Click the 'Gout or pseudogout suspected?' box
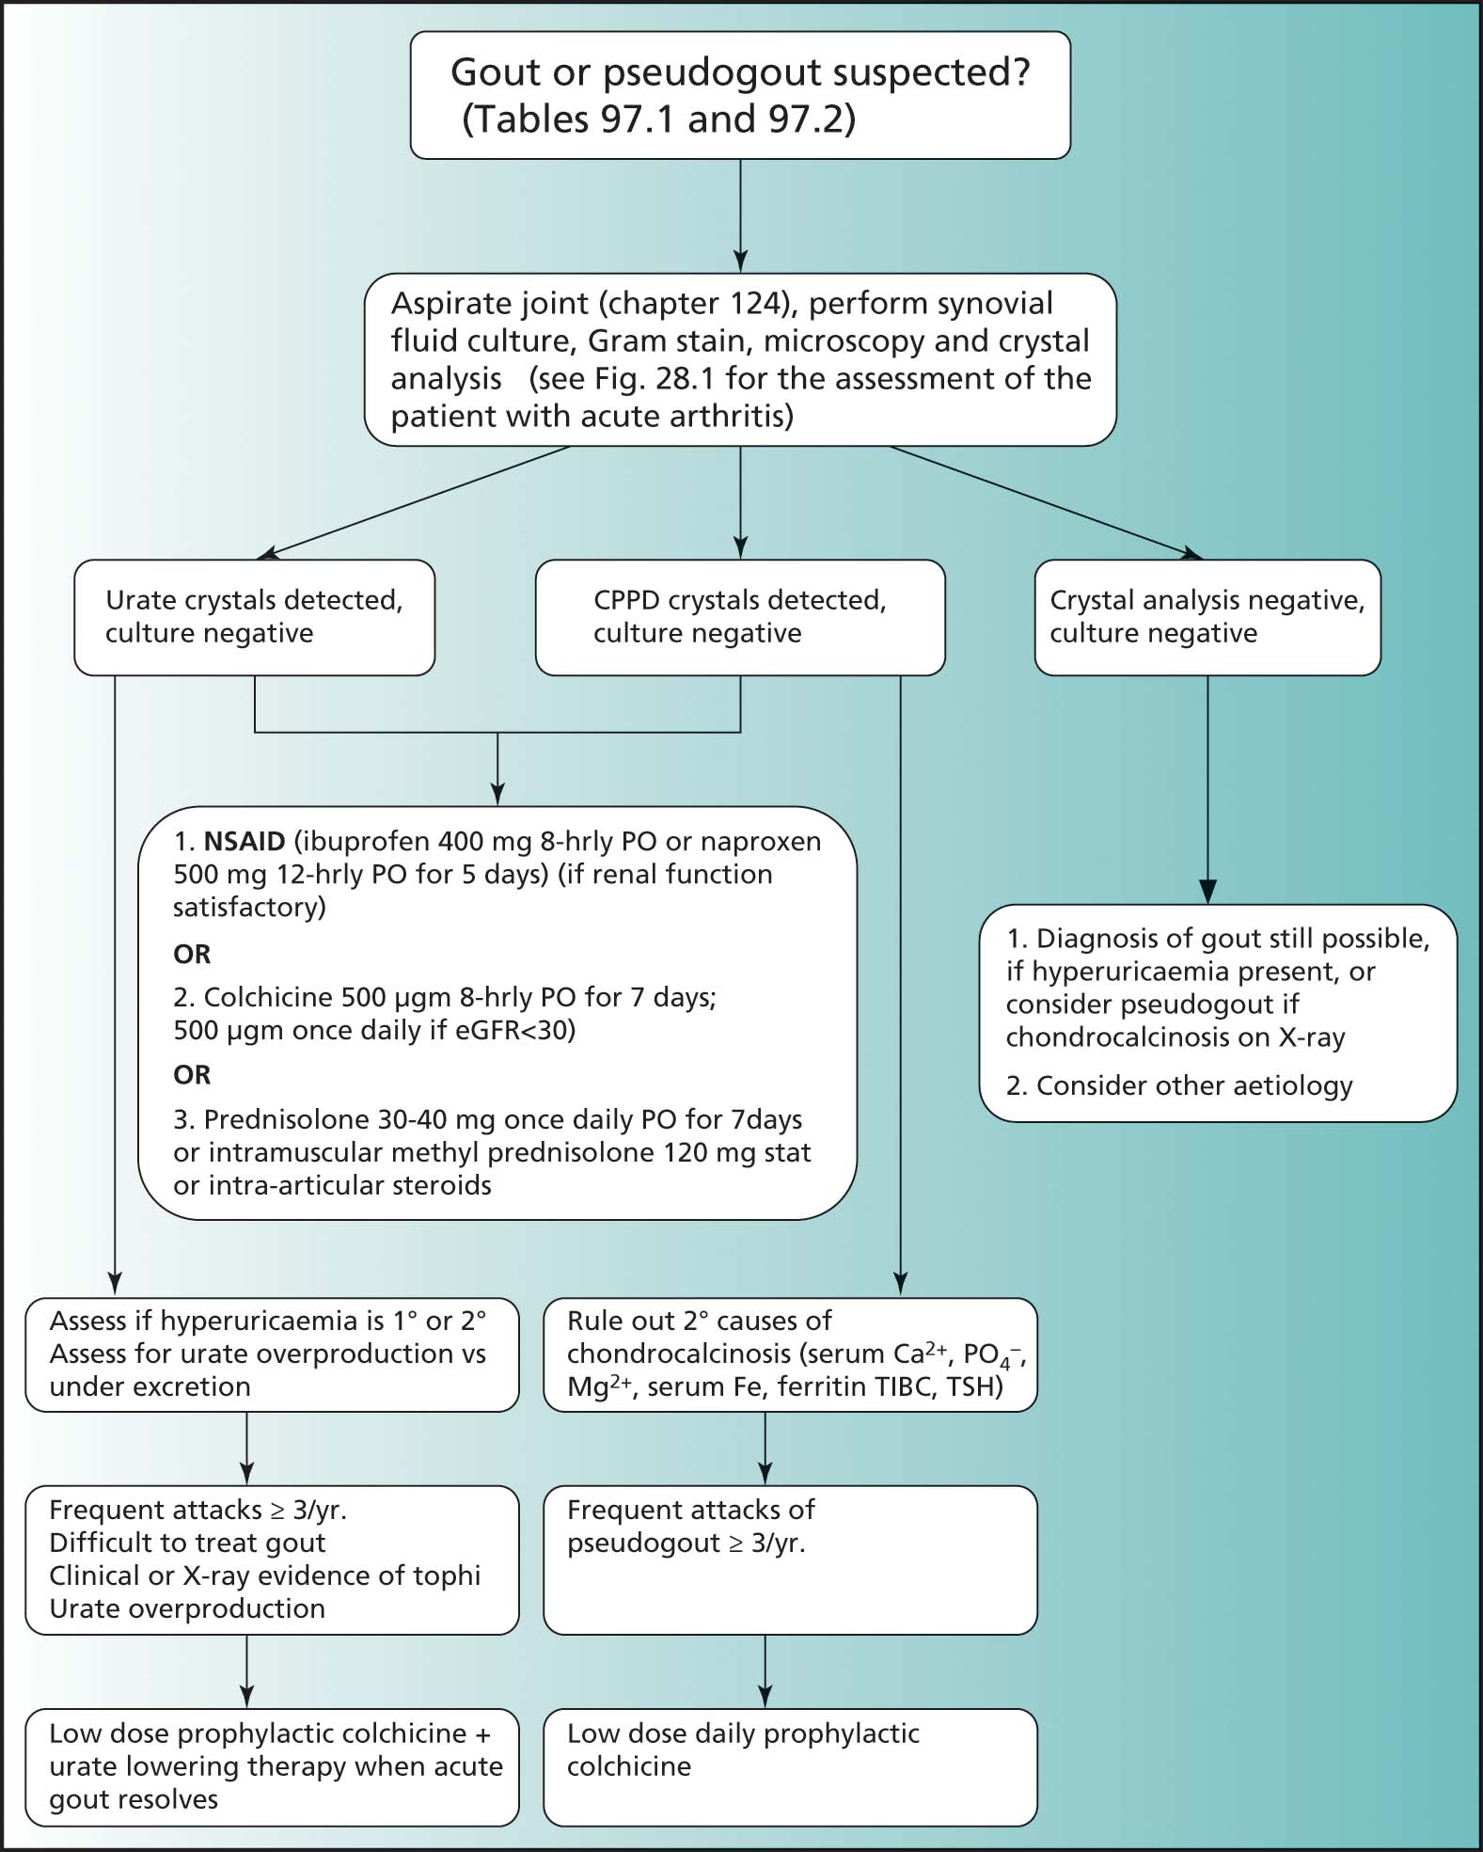[x=740, y=95]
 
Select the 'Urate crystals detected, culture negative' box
[x=254, y=617]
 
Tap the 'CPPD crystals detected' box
[x=740, y=617]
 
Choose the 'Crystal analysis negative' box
[x=1207, y=617]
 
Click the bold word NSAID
[x=245, y=841]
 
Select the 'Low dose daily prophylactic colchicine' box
[x=790, y=1767]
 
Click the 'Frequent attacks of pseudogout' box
[x=790, y=1560]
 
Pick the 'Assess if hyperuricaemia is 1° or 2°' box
[x=272, y=1354]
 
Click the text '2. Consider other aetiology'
[x=1179, y=1085]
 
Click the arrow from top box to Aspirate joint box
[x=740, y=216]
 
